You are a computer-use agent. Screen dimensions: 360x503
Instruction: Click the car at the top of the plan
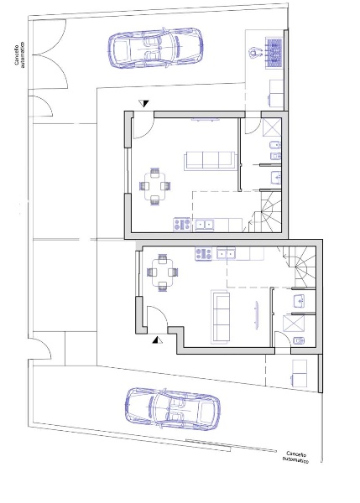click(x=155, y=48)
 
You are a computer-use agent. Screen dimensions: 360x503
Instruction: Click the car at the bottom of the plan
click(x=173, y=409)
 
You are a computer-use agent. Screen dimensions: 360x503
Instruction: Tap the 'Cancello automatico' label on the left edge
click(x=19, y=54)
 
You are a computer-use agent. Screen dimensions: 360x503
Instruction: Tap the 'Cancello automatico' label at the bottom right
click(x=296, y=457)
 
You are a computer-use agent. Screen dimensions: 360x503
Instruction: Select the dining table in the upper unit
click(x=155, y=186)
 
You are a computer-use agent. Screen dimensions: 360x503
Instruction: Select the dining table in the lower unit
click(x=163, y=272)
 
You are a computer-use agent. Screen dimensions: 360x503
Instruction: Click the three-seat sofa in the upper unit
click(x=210, y=160)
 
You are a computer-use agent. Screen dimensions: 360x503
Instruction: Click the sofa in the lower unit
click(x=221, y=316)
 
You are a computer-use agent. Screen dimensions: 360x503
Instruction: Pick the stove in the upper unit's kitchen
click(x=182, y=224)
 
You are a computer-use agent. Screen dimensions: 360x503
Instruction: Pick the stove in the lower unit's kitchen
click(x=204, y=253)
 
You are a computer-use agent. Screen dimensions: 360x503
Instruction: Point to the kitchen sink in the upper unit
click(x=204, y=224)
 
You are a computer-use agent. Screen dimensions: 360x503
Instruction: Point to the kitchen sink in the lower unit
click(x=226, y=253)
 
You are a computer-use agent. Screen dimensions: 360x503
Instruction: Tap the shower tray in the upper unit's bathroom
click(x=272, y=127)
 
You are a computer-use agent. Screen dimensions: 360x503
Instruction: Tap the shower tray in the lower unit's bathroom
click(x=293, y=323)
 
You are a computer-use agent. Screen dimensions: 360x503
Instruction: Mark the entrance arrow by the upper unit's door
click(x=144, y=104)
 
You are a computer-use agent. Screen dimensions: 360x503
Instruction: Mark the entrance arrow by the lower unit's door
click(x=158, y=340)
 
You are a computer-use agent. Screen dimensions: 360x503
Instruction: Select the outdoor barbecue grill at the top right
click(x=274, y=53)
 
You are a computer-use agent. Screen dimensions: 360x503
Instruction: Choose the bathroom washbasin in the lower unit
click(x=300, y=301)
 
